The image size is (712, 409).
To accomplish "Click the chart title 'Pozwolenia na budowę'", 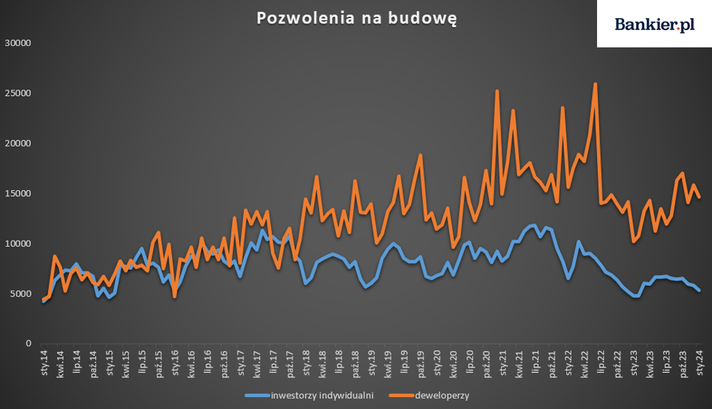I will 356,18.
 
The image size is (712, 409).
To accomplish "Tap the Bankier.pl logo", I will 654,25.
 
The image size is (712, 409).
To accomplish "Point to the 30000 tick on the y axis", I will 18,43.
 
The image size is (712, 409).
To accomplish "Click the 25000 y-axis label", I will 18,93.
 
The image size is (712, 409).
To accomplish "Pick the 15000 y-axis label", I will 18,193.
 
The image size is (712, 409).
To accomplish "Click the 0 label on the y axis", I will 28,344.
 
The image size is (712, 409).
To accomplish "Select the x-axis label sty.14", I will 44,362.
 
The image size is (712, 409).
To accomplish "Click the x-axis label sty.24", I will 700,362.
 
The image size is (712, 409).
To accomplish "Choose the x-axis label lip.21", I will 536,362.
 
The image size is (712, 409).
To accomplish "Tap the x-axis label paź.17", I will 290,362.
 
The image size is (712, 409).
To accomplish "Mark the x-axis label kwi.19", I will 388,362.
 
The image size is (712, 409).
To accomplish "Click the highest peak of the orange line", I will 596,84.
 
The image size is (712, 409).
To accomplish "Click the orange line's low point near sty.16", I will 175,296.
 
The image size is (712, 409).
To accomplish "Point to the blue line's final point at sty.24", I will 699,290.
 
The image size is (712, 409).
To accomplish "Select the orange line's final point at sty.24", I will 699,197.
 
